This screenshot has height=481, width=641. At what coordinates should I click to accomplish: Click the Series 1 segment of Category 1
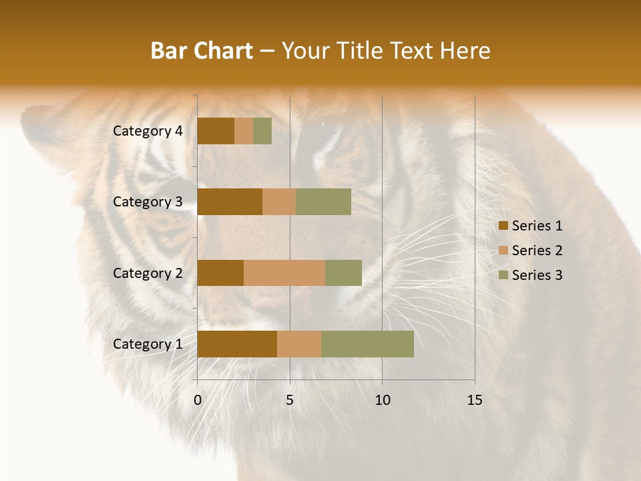coord(237,344)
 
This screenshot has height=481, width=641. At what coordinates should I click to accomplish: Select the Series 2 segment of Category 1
coord(299,344)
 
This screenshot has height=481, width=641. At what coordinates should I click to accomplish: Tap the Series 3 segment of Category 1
coord(367,344)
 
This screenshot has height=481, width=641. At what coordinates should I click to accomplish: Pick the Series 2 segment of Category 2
coord(284,273)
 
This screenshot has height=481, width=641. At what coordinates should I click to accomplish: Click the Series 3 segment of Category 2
coord(343,273)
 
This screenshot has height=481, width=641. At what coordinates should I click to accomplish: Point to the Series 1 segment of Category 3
coord(230,202)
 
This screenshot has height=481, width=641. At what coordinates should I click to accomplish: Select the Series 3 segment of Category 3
coord(323,202)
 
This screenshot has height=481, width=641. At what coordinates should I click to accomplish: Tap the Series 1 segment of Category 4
coord(216,131)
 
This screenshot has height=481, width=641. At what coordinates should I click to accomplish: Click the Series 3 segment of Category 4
coord(262,131)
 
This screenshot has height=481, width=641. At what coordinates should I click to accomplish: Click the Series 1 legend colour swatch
coord(503,226)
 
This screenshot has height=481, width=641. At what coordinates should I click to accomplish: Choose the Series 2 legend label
coord(537,251)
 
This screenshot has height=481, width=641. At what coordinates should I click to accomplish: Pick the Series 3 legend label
coord(537,275)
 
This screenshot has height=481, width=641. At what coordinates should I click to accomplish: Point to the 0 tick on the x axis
coord(198,400)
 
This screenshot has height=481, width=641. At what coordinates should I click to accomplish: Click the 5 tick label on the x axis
coord(290,400)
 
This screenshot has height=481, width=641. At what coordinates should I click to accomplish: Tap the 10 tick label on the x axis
coord(382,400)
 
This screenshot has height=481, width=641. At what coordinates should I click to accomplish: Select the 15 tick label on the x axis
coord(474,400)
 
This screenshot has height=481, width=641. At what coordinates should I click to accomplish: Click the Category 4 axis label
coord(148,131)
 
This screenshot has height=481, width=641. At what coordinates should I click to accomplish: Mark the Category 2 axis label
coord(148,273)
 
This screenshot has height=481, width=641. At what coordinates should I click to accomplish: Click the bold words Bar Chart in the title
coord(202,51)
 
